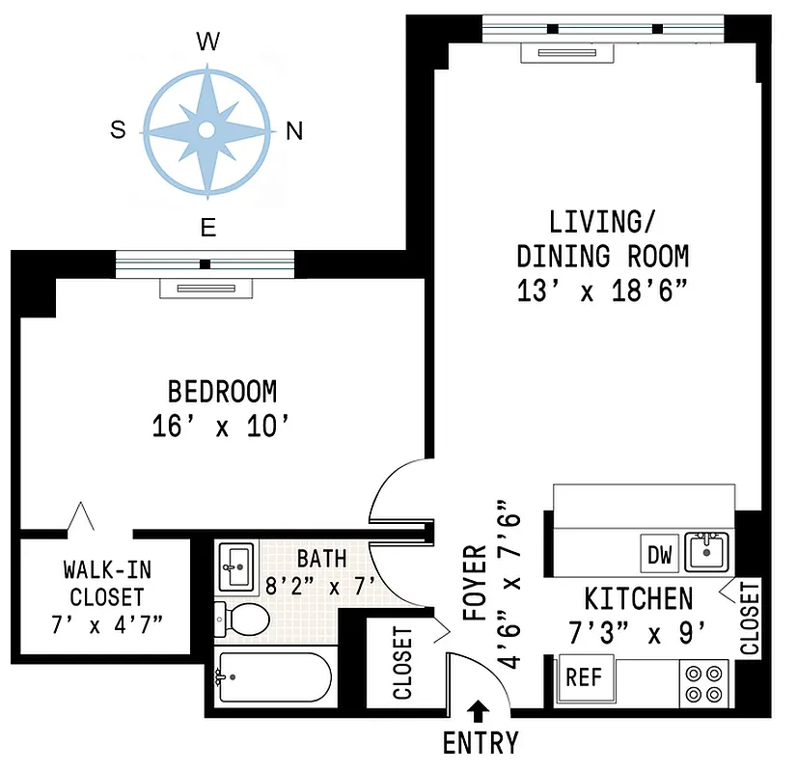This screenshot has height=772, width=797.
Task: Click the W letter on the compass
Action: [206, 41]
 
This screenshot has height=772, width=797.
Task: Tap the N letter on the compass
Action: [294, 132]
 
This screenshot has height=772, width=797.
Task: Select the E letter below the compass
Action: [206, 228]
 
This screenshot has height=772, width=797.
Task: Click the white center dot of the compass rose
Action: [206, 130]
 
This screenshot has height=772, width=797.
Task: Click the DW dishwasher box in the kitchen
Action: [660, 556]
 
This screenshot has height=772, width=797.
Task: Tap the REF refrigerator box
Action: [583, 677]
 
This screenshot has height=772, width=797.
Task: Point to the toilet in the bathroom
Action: [241, 620]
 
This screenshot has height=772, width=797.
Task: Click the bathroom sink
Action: [235, 566]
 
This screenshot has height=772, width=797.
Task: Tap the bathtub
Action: [272, 678]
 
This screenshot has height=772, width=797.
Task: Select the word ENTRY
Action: [480, 744]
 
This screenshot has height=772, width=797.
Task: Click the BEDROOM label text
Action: [222, 392]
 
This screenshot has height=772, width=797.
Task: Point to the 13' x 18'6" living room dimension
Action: [602, 290]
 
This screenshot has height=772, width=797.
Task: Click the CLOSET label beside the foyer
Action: [402, 663]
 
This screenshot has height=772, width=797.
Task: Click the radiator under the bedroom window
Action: [205, 289]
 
